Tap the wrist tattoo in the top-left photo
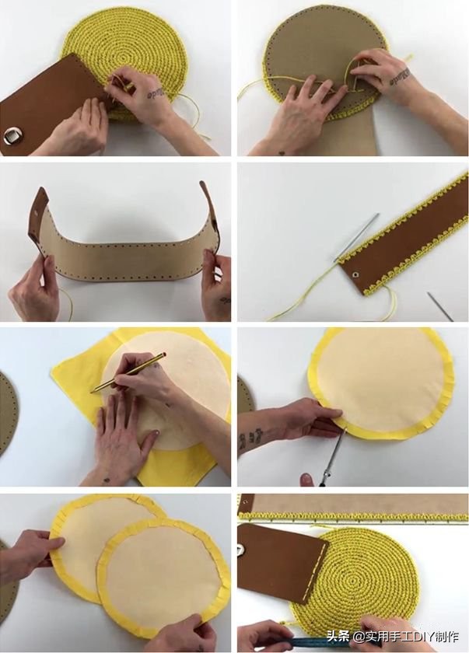(157, 94)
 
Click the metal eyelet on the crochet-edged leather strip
(355, 274)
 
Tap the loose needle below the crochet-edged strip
(440, 306)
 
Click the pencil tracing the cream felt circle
(128, 372)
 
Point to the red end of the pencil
(165, 354)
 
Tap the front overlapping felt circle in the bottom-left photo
(163, 574)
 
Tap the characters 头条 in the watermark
(338, 637)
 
